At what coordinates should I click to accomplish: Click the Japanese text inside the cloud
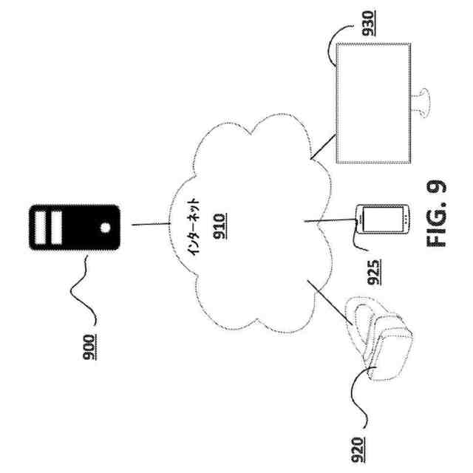tap(191, 225)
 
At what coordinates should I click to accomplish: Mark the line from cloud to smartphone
tap(330, 221)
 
